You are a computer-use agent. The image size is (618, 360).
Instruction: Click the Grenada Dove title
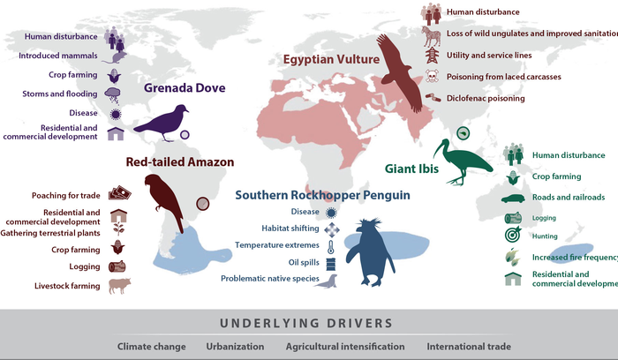[185, 88]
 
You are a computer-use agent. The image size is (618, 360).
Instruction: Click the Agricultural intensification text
[345, 347]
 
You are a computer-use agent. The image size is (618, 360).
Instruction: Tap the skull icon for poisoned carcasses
[432, 77]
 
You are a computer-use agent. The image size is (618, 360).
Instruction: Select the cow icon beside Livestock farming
[118, 286]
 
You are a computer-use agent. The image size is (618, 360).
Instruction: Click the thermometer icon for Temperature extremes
[331, 245]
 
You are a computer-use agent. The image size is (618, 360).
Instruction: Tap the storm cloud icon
[116, 94]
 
